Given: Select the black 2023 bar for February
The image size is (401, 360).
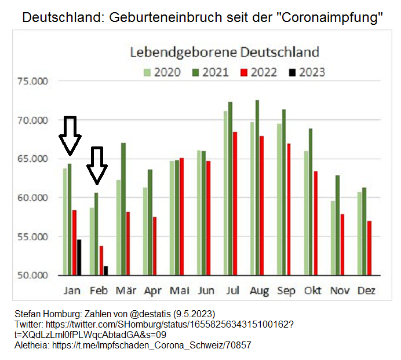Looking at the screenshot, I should tap(106, 270).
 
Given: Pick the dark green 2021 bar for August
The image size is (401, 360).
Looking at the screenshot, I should tap(257, 188).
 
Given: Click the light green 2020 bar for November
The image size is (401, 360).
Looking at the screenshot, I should tap(333, 238).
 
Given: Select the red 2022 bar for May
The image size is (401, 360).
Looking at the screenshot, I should tap(181, 216).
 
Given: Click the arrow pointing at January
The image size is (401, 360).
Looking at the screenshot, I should tap(70, 135).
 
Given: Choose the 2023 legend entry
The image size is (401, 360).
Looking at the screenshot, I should tap(308, 72).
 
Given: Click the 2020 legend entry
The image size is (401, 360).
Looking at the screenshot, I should tap(161, 72).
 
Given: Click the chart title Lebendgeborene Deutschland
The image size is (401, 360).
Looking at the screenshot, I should tap(224, 52).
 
